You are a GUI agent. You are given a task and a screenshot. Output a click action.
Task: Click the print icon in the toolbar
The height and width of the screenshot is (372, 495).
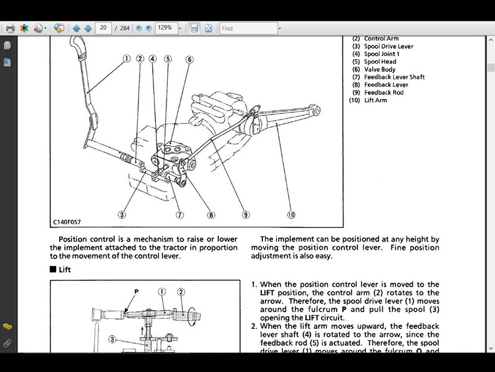click(x=10, y=28)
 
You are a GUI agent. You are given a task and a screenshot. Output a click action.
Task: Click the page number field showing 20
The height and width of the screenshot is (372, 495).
click(x=103, y=28)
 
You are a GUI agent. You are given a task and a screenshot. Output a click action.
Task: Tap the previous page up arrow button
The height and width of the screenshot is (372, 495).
click(x=76, y=28)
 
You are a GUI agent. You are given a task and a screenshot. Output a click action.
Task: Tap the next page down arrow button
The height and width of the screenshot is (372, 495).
click(x=88, y=28)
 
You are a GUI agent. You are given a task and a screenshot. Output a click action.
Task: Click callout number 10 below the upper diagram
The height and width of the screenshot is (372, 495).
click(x=291, y=215)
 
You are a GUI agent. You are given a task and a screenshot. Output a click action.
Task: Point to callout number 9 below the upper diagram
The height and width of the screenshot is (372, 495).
click(x=246, y=215)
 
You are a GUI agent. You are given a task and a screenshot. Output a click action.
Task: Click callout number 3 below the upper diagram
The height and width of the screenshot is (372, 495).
click(x=122, y=215)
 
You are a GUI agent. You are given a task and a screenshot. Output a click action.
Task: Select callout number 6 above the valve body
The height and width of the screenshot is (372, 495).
click(x=189, y=59)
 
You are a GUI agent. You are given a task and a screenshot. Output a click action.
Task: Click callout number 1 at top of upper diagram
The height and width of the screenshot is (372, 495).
click(x=127, y=59)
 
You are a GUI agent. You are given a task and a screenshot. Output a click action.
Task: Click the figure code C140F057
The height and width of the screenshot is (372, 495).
click(x=67, y=222)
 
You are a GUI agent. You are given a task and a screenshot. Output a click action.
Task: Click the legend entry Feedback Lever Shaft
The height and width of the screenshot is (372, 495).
click(x=394, y=77)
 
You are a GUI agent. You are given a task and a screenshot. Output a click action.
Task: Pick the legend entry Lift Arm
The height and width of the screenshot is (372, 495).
click(x=375, y=100)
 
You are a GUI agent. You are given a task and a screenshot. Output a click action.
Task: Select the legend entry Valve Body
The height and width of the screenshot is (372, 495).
click(x=380, y=69)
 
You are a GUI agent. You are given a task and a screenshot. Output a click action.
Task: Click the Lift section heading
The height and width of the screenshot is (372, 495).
click(x=65, y=270)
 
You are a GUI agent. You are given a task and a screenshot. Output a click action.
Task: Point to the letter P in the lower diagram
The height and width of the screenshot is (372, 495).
click(x=135, y=291)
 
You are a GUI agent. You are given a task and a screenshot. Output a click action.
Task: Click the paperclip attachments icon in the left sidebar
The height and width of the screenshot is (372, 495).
click(x=7, y=343)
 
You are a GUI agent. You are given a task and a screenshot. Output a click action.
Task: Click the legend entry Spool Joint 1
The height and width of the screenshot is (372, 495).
click(x=382, y=54)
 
